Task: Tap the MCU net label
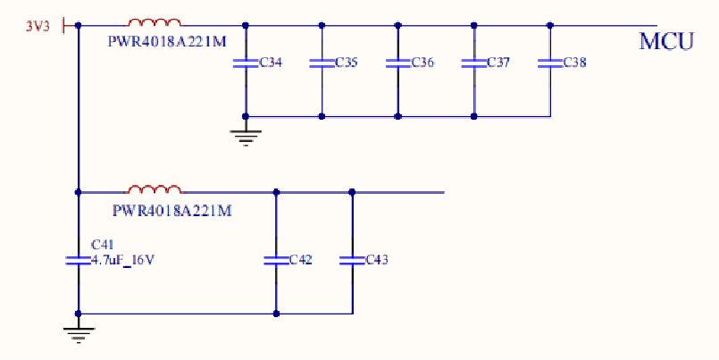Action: tap(666, 41)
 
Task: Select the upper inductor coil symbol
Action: tap(155, 22)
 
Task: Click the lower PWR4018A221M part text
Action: tap(172, 211)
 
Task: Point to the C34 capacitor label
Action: tap(272, 63)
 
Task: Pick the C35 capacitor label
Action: tap(347, 63)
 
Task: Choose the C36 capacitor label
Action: tap(422, 63)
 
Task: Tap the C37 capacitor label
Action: tap(498, 63)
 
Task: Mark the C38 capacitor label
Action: tap(574, 63)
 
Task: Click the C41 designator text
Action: tap(103, 245)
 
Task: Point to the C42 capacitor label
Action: tap(300, 260)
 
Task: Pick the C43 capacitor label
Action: tap(376, 260)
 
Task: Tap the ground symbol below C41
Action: tap(79, 333)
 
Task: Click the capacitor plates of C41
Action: tap(79, 260)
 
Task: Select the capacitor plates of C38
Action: tap(549, 63)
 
